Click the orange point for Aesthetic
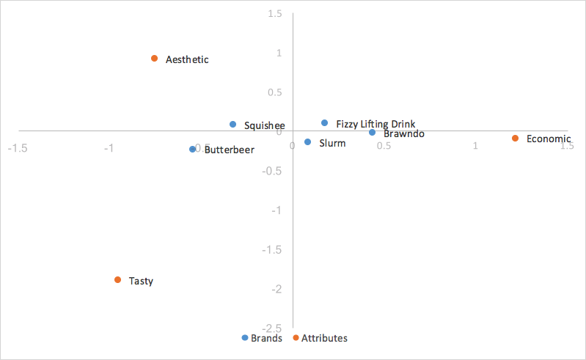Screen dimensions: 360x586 (x=154, y=59)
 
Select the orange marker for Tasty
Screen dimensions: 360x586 (x=117, y=280)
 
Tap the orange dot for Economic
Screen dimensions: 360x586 (x=516, y=138)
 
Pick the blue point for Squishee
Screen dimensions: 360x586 (x=233, y=125)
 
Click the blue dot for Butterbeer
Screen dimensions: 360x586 (x=193, y=149)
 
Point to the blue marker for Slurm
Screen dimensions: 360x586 (x=307, y=142)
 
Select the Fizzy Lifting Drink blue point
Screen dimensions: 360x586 (x=324, y=123)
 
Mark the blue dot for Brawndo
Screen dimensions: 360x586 (x=373, y=133)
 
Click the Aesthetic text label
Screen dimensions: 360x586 (x=187, y=59)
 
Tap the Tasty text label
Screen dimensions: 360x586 (x=141, y=281)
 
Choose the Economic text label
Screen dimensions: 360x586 (x=549, y=139)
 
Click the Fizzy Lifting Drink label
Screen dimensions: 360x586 (x=376, y=125)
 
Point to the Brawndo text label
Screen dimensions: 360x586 (x=404, y=134)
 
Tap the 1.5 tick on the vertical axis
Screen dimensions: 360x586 (x=275, y=14)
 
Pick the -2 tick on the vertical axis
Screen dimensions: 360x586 (x=276, y=289)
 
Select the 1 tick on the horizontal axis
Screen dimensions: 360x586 (x=475, y=147)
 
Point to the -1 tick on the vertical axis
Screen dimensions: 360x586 (x=276, y=210)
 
